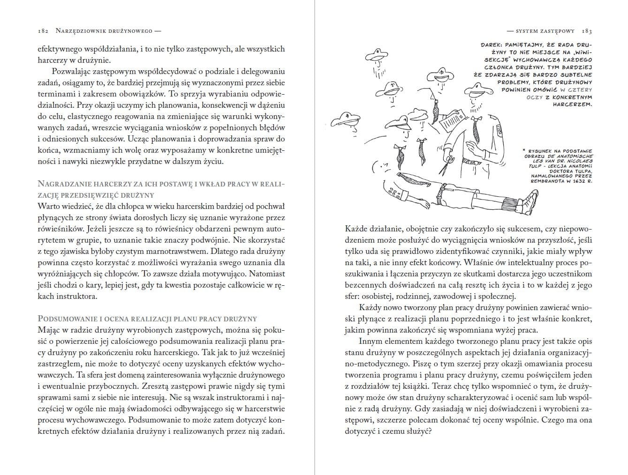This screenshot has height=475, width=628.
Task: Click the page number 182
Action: (44, 31)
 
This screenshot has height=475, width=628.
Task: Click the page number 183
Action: (587, 31)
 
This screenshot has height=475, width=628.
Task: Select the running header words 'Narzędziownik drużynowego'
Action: (104, 31)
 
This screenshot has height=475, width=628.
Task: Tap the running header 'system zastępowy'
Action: (545, 31)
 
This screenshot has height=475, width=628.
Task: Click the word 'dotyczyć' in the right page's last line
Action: (360, 431)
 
